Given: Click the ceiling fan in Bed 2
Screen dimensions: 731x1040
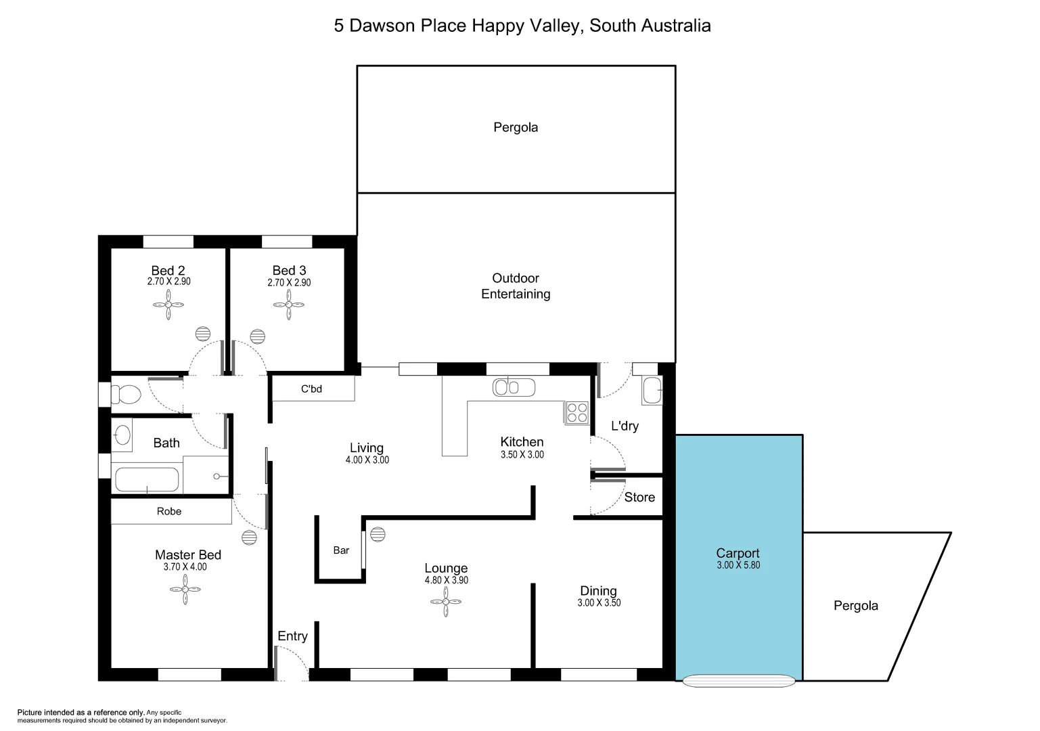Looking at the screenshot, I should coord(168,305).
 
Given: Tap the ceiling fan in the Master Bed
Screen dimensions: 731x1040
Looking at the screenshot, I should coord(185,591).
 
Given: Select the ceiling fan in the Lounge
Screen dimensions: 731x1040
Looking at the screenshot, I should coord(447,601).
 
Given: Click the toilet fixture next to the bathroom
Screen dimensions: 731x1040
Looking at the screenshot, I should coord(125,394).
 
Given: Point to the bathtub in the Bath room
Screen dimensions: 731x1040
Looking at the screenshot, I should coord(147,480).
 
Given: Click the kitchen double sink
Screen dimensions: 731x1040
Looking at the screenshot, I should coord(514,387).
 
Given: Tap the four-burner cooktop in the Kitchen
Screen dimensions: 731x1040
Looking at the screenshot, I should coord(577,412).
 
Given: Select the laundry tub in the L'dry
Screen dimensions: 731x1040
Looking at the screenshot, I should coord(652,391).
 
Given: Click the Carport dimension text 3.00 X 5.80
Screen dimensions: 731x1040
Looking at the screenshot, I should coord(738,565).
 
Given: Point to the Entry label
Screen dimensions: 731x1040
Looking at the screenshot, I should coord(292,636).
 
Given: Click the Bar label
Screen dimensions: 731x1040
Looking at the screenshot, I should coord(341,550).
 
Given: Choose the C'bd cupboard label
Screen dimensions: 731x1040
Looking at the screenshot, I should coord(311,389).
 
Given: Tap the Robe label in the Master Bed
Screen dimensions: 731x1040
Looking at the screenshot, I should coord(169,512).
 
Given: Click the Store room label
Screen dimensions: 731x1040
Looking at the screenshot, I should coord(639,497).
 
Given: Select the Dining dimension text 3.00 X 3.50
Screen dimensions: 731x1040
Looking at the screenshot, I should coord(599,603).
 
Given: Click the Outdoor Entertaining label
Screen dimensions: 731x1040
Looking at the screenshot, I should coord(516,286).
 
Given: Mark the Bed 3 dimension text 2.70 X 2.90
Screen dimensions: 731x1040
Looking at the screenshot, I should coord(289,283).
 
